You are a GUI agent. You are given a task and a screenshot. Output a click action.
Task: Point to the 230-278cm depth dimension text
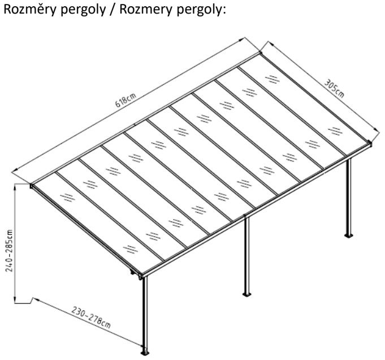tap(91, 318)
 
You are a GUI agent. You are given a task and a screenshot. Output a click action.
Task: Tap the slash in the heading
tap(107, 11)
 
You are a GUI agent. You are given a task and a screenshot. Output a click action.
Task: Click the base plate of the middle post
tap(246, 294)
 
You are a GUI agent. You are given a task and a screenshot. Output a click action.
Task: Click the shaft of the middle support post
tap(246, 255)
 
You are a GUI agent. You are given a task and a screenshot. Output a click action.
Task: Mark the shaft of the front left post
tap(145, 311)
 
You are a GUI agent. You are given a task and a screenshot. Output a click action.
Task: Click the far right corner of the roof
tap(370, 143)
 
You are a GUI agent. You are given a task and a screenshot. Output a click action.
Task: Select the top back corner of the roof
tap(261, 53)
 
